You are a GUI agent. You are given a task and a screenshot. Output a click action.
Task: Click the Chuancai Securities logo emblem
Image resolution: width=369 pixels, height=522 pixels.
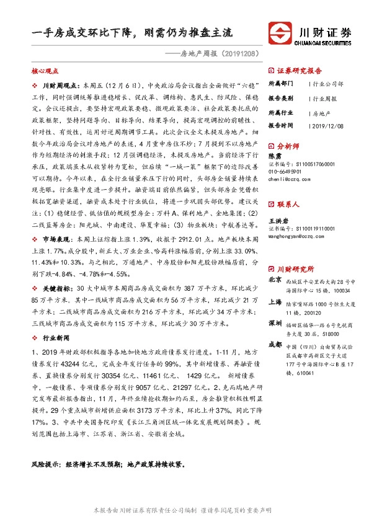click(x=280, y=33)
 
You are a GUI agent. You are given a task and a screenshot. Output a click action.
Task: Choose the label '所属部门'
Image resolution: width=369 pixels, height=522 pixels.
click(x=280, y=84)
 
